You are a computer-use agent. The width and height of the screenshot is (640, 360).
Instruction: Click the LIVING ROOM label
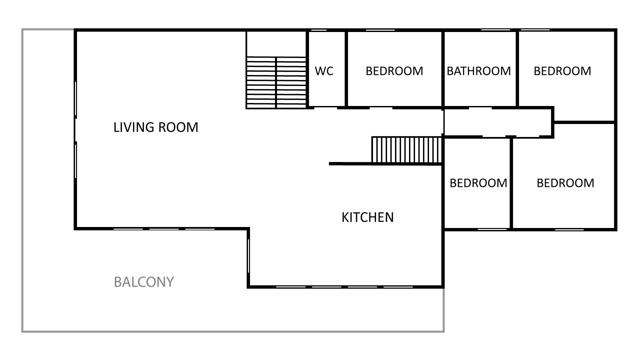click(x=156, y=127)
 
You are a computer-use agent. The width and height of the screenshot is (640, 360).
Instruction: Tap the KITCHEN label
click(x=368, y=217)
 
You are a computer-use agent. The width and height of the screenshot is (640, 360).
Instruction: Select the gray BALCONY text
click(x=144, y=282)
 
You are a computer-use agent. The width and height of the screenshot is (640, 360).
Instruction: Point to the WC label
click(x=324, y=71)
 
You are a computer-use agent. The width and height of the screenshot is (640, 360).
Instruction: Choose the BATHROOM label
click(x=479, y=71)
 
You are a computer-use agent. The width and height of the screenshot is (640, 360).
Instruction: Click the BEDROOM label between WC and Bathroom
click(x=394, y=71)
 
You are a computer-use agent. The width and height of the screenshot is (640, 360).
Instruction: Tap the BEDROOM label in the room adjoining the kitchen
click(x=478, y=183)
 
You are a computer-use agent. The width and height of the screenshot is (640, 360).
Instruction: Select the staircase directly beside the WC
click(x=276, y=83)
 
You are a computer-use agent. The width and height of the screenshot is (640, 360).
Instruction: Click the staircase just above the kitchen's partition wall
click(x=407, y=150)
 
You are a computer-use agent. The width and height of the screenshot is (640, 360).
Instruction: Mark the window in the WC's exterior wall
click(x=318, y=30)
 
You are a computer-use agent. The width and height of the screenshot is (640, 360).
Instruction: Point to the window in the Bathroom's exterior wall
click(x=496, y=30)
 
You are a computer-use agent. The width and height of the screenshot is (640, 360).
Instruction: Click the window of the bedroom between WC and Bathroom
click(x=380, y=30)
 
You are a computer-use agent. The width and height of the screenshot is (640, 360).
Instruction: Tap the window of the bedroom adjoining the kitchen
click(x=492, y=229)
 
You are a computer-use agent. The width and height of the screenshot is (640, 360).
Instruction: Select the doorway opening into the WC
click(x=325, y=108)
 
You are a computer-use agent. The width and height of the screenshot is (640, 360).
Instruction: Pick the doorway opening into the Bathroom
click(x=480, y=108)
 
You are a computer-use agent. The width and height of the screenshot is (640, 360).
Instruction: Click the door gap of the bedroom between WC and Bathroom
click(x=381, y=108)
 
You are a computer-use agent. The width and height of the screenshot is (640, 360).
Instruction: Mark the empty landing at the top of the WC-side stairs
click(x=276, y=44)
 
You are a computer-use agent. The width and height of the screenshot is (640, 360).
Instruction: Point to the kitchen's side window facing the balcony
click(x=248, y=256)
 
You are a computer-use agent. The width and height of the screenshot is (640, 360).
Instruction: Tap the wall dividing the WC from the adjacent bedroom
click(x=346, y=69)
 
